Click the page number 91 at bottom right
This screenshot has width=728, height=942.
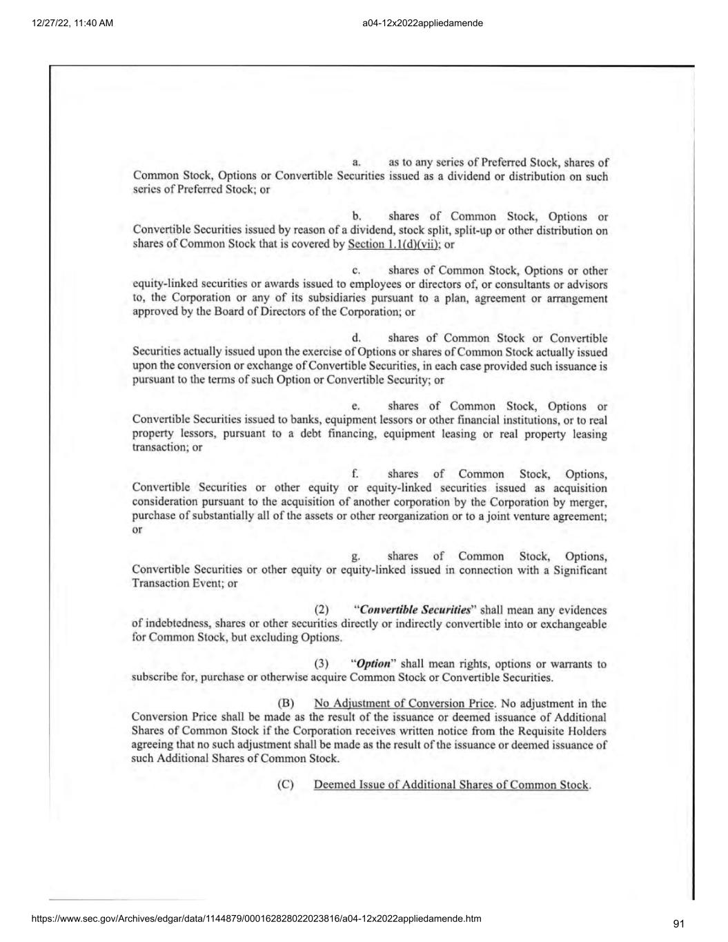(678, 924)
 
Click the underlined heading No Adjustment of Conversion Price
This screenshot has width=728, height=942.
(404, 704)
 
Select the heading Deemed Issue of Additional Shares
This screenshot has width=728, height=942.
(451, 785)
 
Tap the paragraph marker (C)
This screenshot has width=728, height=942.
(286, 785)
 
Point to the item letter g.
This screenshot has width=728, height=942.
(356, 556)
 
